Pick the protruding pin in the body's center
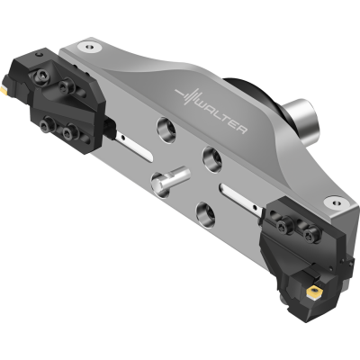pyautogui.click(x=170, y=181)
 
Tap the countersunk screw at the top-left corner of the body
pyautogui.click(x=90, y=47)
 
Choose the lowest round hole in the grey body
pyautogui.click(x=205, y=215)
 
